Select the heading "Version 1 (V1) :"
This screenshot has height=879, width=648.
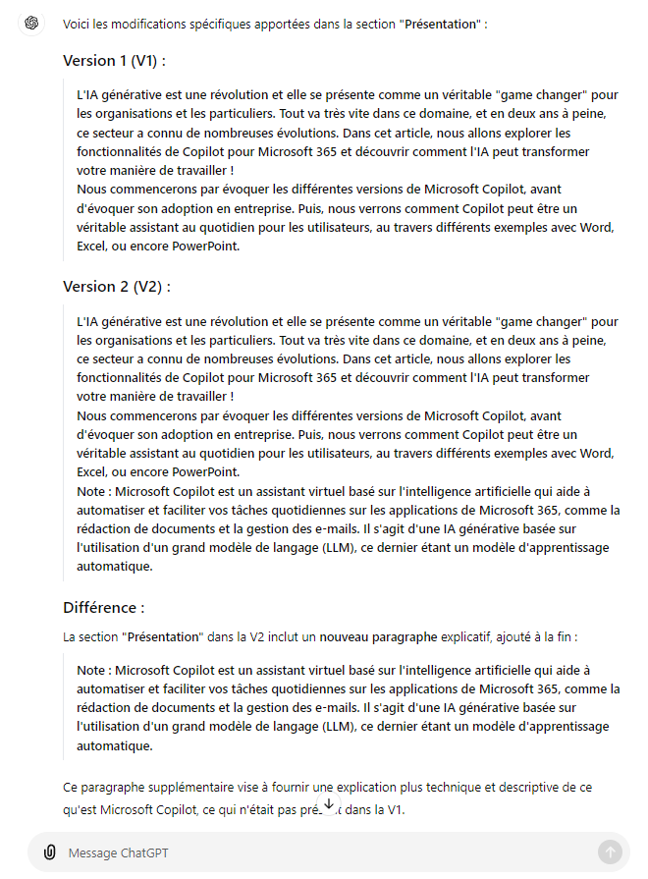(114, 61)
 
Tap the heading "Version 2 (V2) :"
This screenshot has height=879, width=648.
(117, 287)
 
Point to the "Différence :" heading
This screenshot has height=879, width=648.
(103, 608)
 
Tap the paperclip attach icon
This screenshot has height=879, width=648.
(49, 852)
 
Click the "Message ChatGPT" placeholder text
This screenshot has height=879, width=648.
(107, 853)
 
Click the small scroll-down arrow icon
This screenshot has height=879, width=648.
(329, 804)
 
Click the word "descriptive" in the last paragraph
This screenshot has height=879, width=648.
(517, 788)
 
